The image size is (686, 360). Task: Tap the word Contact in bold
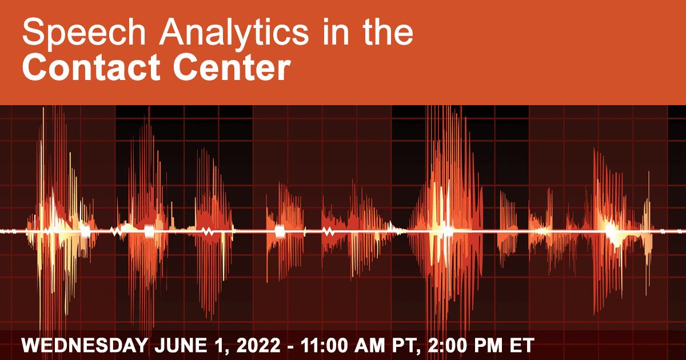coord(91,67)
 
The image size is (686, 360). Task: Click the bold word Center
coord(232,67)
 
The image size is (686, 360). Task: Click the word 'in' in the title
coord(336,32)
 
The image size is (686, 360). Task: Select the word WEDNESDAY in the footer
coord(85,346)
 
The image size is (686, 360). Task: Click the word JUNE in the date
coord(181,346)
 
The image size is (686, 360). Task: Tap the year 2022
coord(258,346)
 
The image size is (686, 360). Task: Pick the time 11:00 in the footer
coord(324,346)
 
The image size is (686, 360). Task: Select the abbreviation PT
coord(404,346)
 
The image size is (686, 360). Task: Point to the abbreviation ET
coord(522,346)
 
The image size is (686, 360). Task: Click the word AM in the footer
coord(370,346)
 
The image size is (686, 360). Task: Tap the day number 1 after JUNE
coord(218,346)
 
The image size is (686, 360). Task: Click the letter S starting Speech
coord(33,31)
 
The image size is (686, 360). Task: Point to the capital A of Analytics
coord(171,32)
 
